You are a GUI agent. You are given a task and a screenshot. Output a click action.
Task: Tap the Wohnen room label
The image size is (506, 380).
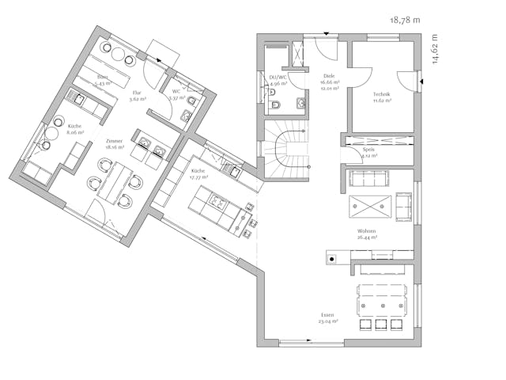click(x=366, y=233)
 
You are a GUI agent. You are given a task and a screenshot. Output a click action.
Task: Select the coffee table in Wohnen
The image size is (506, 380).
click(x=367, y=204)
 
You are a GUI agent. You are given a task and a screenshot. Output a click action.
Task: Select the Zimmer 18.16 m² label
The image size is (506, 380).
click(x=114, y=144)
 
